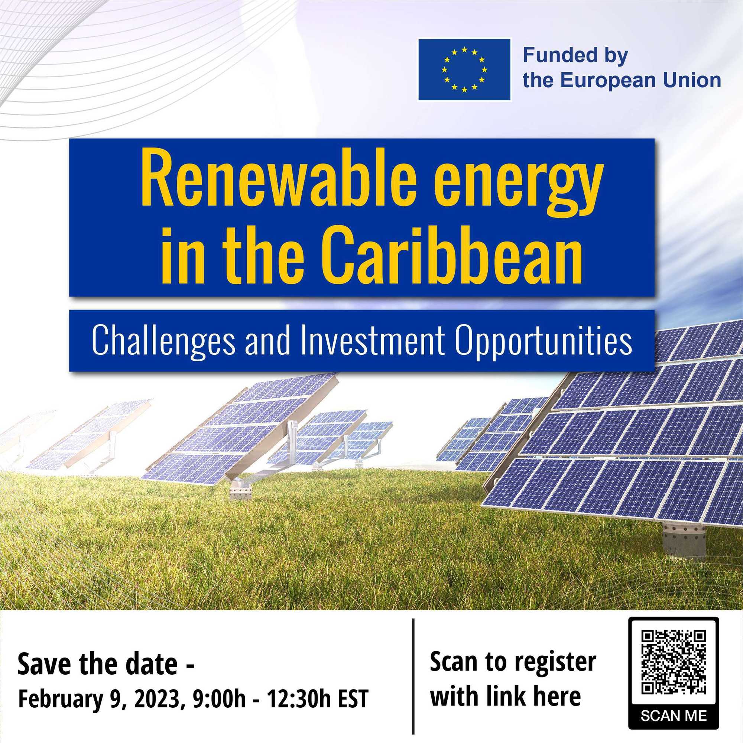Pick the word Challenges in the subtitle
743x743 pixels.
point(163,341)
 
